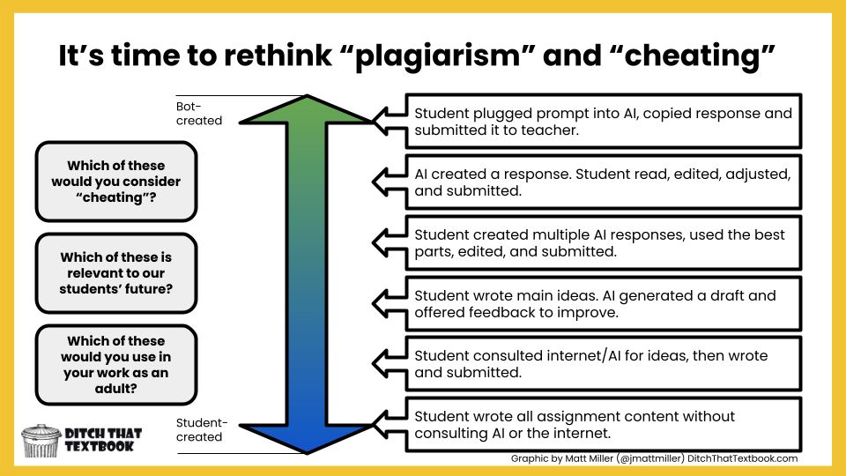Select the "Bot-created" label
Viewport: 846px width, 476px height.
pyautogui.click(x=199, y=113)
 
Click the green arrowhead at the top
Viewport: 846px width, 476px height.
pyautogui.click(x=307, y=111)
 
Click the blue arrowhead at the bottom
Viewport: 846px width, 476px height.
pyautogui.click(x=307, y=435)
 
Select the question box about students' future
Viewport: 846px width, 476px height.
pyautogui.click(x=115, y=273)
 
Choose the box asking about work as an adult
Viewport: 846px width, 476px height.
pyautogui.click(x=115, y=364)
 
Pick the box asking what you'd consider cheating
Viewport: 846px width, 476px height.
pyautogui.click(x=115, y=182)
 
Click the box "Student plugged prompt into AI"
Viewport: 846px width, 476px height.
pyautogui.click(x=603, y=121)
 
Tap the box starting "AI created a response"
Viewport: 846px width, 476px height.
pyautogui.click(x=603, y=182)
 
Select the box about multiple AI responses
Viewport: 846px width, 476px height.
pyautogui.click(x=603, y=242)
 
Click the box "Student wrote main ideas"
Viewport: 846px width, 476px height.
pyautogui.click(x=603, y=303)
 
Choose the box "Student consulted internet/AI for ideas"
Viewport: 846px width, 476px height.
pyautogui.click(x=603, y=363)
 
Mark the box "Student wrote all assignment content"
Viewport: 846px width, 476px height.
pyautogui.click(x=603, y=424)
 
